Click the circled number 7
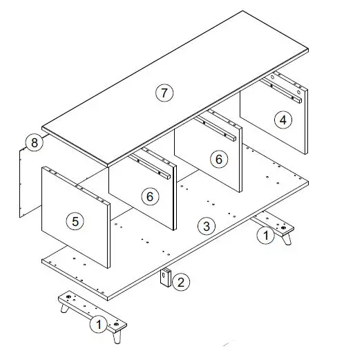[164, 94]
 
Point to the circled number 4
[282, 120]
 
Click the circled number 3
[205, 225]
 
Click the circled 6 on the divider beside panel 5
[149, 196]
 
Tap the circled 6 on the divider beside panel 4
[219, 159]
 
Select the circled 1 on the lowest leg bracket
[99, 324]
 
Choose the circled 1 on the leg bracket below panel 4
[264, 235]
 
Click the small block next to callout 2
[166, 278]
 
